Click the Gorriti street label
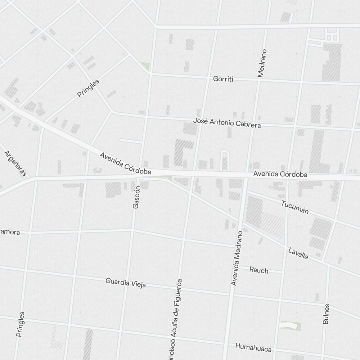[x=223, y=79]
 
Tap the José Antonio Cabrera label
[x=227, y=123]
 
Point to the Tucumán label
[x=295, y=207]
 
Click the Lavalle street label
[x=298, y=253]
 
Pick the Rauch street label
[x=259, y=270]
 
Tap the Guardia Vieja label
[x=126, y=283]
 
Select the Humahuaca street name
[x=253, y=347]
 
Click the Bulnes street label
[x=326, y=314]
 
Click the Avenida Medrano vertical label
[x=237, y=258]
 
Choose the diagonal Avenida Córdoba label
[x=125, y=164]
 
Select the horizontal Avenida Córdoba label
[x=280, y=174]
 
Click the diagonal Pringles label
[x=88, y=89]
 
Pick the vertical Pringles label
[x=21, y=324]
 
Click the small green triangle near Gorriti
[x=145, y=66]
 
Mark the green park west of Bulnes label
[x=290, y=326]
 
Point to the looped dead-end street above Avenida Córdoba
[x=225, y=158]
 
